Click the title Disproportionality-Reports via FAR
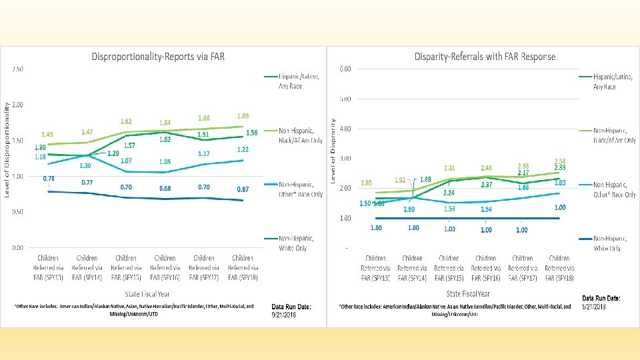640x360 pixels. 158,57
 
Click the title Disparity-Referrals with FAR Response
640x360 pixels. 484,57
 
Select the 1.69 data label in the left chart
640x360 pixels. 243,116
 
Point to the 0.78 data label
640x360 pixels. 49,179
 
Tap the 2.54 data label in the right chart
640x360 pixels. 560,161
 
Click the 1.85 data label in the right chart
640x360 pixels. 366,183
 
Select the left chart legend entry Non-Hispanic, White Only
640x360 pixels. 296,243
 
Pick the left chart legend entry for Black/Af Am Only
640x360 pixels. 300,135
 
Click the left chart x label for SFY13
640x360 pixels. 48,267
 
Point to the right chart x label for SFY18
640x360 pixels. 559,267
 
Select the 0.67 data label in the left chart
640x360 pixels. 243,189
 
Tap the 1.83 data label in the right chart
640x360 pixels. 560,183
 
